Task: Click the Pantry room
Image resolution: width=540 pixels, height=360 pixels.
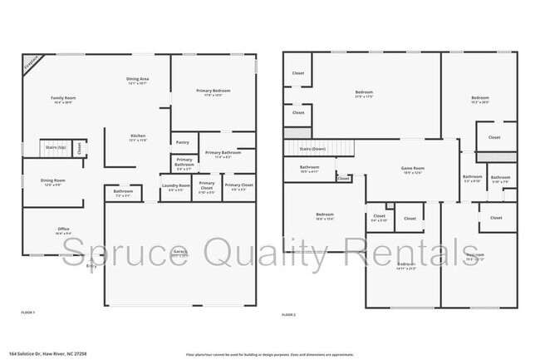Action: pyautogui.click(x=183, y=142)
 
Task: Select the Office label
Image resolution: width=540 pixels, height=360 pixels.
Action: pyautogui.click(x=63, y=228)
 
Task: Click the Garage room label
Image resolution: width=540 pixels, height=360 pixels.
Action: pyautogui.click(x=180, y=251)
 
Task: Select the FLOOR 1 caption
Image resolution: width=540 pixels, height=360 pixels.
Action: pyautogui.click(x=29, y=312)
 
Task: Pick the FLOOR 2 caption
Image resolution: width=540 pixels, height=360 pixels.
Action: pyautogui.click(x=289, y=315)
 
